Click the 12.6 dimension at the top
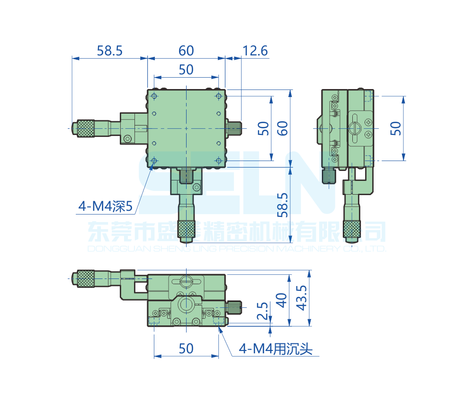click(255, 50)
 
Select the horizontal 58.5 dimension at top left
click(109, 50)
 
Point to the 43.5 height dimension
click(301, 297)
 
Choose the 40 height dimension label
click(282, 300)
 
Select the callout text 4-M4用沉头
click(276, 350)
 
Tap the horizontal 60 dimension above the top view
click(186, 50)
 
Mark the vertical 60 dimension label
click(283, 128)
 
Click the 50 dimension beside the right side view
click(396, 128)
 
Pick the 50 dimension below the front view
click(186, 348)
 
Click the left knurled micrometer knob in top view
click(86, 128)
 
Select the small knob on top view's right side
click(235, 128)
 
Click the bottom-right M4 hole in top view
click(218, 161)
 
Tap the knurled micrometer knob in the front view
click(86, 278)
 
